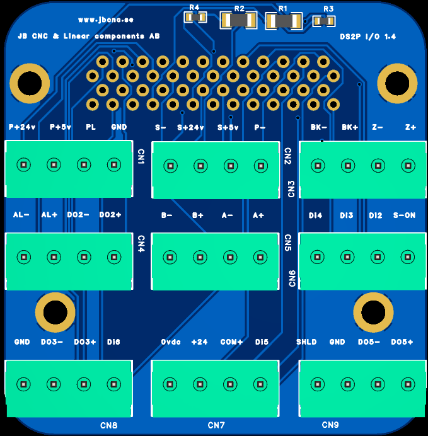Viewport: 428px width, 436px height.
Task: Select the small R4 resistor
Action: coord(195,17)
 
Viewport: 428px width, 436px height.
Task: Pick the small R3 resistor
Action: coord(323,21)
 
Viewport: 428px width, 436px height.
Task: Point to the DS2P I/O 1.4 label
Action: coord(367,37)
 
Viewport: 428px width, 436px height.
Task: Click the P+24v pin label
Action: coord(23,127)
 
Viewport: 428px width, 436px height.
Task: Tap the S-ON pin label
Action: coord(404,215)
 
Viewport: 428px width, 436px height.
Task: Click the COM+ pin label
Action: coord(231,342)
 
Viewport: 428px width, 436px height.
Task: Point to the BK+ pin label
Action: coord(350,127)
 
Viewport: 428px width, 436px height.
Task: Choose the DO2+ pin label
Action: coord(110,215)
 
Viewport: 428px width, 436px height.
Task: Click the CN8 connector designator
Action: coord(109,426)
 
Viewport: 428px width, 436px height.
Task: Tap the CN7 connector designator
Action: coord(216,426)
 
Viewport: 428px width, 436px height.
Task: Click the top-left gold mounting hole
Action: coord(30,83)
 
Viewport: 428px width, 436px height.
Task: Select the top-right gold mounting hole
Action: coord(397,83)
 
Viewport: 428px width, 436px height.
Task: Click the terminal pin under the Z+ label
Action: coord(408,166)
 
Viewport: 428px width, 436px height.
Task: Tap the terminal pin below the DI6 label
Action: coord(113,384)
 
